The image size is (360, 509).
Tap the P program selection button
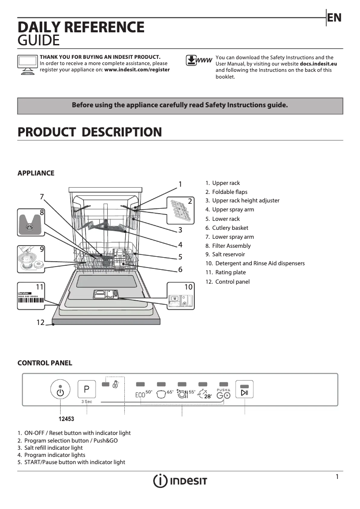(x=87, y=389)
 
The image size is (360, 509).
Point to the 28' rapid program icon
(x=205, y=395)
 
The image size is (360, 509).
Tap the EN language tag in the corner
(x=334, y=18)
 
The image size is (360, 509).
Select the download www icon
(x=198, y=61)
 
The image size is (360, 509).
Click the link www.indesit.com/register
(x=137, y=70)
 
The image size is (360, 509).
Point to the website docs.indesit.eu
(x=318, y=64)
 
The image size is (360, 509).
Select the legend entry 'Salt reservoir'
(x=228, y=255)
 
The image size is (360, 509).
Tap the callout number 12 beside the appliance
(x=41, y=322)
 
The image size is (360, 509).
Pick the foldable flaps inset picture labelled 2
(x=180, y=210)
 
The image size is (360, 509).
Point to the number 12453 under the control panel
(x=66, y=419)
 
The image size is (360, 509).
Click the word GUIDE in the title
(x=38, y=41)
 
